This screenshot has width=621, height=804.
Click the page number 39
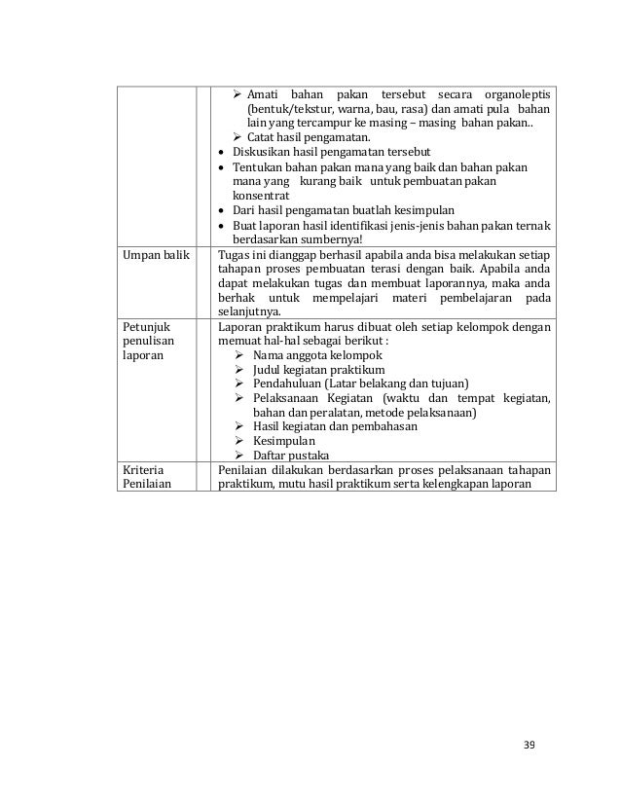click(x=529, y=746)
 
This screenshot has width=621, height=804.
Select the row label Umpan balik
click(x=150, y=254)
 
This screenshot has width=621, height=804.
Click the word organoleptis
click(x=516, y=93)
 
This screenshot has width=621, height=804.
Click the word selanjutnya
click(x=248, y=311)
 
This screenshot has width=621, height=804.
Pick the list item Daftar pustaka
click(x=290, y=456)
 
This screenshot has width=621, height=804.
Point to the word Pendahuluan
click(x=291, y=384)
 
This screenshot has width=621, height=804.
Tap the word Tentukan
click(x=259, y=167)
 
